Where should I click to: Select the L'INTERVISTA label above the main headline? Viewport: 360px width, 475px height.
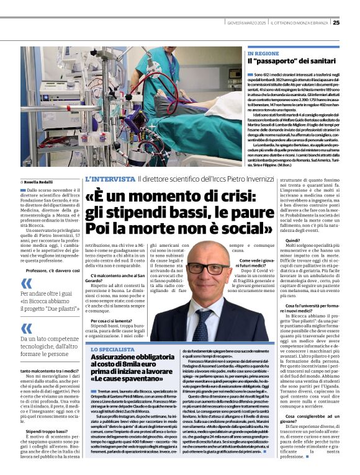pyautogui.click(x=110, y=179)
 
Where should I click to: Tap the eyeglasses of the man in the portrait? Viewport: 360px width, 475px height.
pyautogui.click(x=207, y=268)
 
